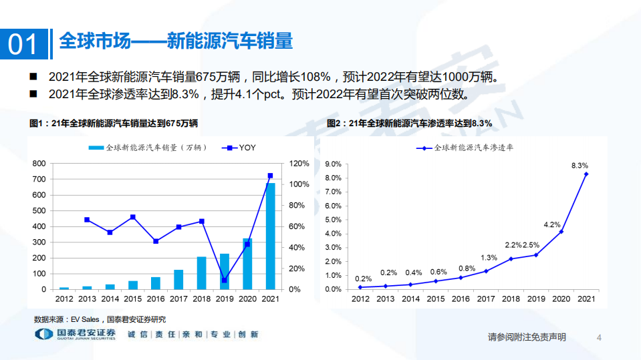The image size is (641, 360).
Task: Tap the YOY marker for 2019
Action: tap(225, 280)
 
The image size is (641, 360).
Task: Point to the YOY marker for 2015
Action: tap(133, 217)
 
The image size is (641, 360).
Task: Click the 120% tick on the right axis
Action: tap(299, 164)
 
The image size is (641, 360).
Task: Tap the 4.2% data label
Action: tap(551, 224)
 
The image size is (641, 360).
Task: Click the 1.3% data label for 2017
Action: tap(489, 258)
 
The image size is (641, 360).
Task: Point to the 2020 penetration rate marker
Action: tap(561, 231)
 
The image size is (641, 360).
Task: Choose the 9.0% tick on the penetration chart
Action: tap(333, 164)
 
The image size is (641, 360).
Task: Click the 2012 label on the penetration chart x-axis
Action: tap(360, 299)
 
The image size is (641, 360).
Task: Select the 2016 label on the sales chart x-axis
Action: tap(156, 299)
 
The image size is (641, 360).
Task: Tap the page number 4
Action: tap(599, 337)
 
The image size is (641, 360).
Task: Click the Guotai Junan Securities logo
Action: tap(75, 334)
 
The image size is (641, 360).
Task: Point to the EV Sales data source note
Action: tap(100, 319)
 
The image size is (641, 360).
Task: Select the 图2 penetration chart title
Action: tap(409, 124)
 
